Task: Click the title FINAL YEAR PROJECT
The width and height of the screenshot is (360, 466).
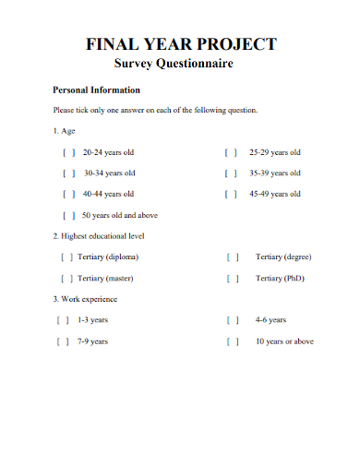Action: [x=180, y=43]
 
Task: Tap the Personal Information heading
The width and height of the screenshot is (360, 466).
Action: [x=97, y=90]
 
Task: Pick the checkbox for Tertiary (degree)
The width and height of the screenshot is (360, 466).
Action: [x=233, y=257]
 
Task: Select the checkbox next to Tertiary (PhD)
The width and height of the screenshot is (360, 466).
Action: [x=233, y=278]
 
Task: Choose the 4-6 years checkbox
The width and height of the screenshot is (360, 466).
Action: [x=233, y=320]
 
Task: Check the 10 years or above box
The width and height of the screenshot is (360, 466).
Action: [x=233, y=341]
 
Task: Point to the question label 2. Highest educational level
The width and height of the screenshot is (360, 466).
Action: [x=99, y=236]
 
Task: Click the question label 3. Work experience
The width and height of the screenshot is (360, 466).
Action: [x=85, y=299]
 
